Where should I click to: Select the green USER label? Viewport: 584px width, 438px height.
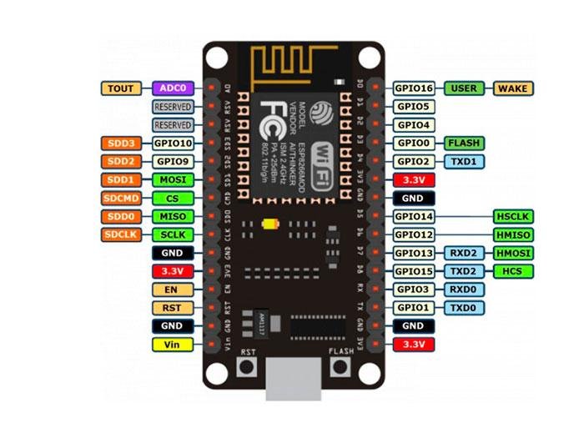(463, 88)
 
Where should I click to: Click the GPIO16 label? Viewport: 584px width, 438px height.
(413, 88)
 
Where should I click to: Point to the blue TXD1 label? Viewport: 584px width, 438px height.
(463, 161)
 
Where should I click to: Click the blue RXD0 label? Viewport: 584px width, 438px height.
(463, 289)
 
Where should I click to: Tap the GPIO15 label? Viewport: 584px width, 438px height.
(413, 271)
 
